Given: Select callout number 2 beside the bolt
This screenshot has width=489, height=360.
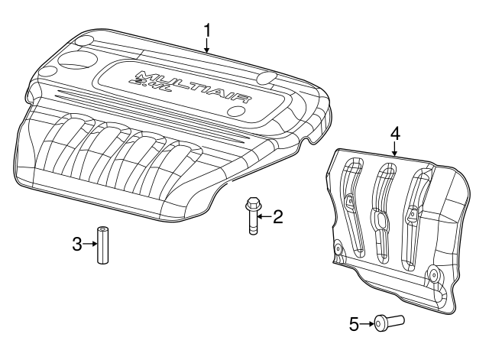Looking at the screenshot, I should (278, 217).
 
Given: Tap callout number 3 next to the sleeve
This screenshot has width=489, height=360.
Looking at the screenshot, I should (76, 245).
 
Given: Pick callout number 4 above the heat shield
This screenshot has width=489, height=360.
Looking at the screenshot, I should (394, 132).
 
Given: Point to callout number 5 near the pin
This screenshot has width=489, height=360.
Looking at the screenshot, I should (354, 324).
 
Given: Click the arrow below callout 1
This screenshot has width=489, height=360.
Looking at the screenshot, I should (206, 47).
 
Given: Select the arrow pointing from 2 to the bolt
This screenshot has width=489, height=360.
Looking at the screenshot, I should (264, 217).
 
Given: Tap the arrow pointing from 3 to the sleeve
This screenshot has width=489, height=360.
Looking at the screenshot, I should (89, 245).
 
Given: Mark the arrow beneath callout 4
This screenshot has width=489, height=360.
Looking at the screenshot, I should (394, 149).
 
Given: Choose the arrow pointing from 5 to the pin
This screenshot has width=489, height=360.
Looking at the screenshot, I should (368, 324).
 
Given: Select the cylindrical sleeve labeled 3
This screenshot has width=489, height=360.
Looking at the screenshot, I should (101, 245).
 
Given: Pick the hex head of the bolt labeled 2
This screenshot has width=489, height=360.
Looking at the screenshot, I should (252, 204).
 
